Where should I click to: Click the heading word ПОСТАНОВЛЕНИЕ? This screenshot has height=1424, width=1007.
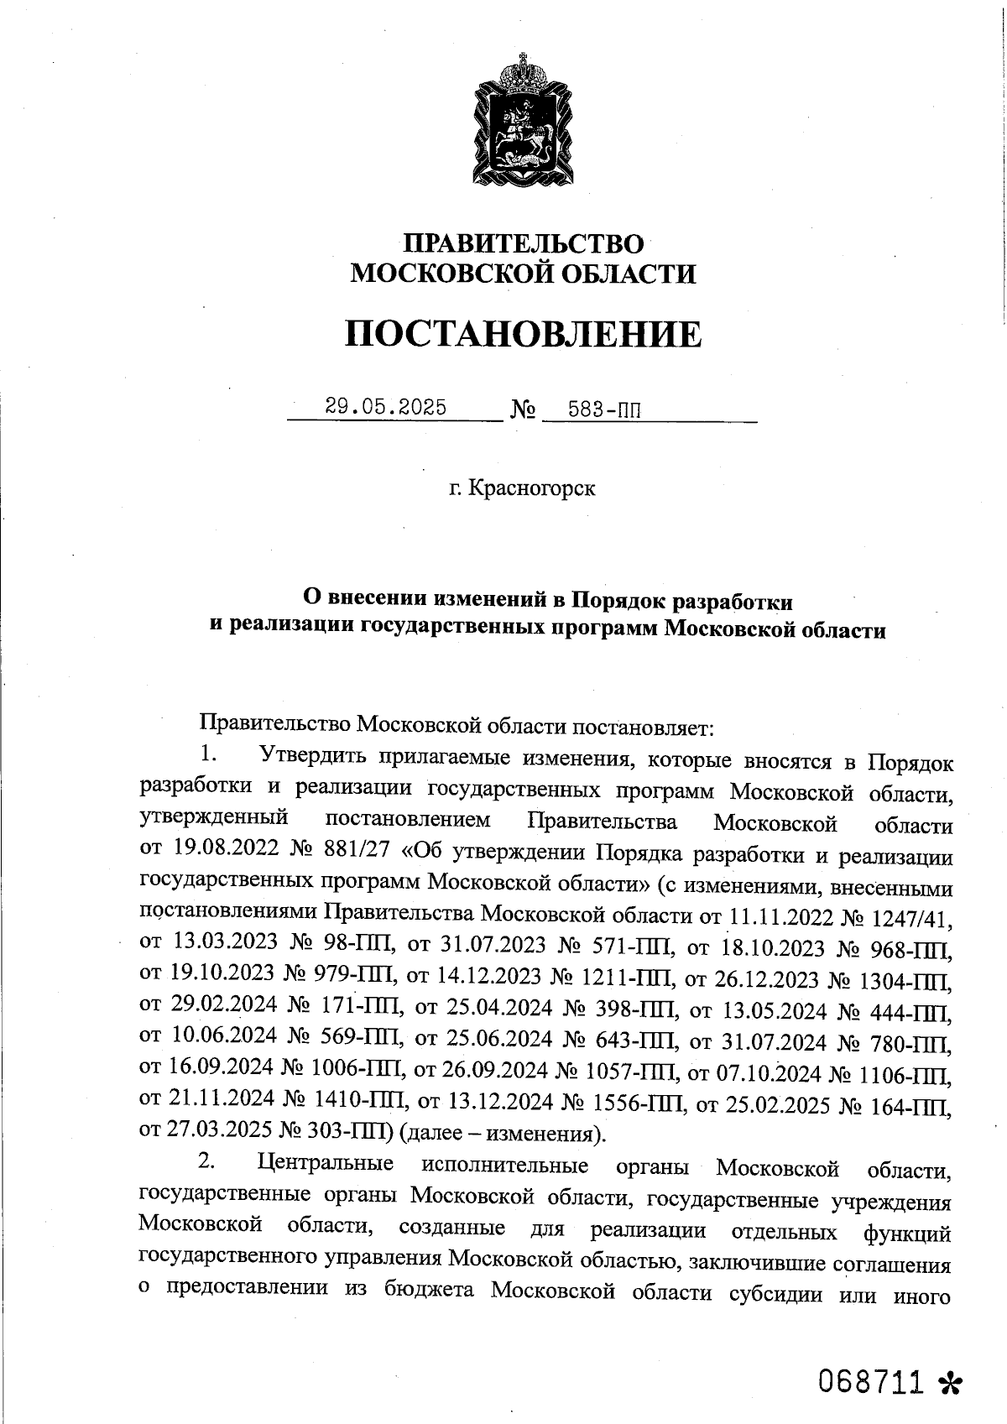point(523,334)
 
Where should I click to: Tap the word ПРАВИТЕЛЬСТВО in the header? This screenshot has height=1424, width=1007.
point(524,243)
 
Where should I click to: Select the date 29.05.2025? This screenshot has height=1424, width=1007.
point(386,408)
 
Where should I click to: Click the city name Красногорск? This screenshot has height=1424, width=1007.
point(533,488)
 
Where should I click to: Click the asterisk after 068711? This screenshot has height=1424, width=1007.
point(950,1383)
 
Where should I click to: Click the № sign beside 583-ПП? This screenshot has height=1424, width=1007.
point(523,411)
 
